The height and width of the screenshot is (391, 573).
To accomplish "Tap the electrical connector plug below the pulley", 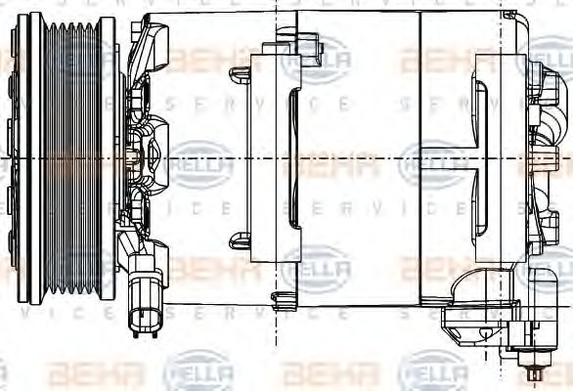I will (146, 311).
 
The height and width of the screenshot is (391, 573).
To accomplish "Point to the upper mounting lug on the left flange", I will (241, 74).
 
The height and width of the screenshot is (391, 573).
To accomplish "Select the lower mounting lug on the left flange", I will (241, 239).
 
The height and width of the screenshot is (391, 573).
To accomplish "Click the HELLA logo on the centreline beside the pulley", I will (200, 159).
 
